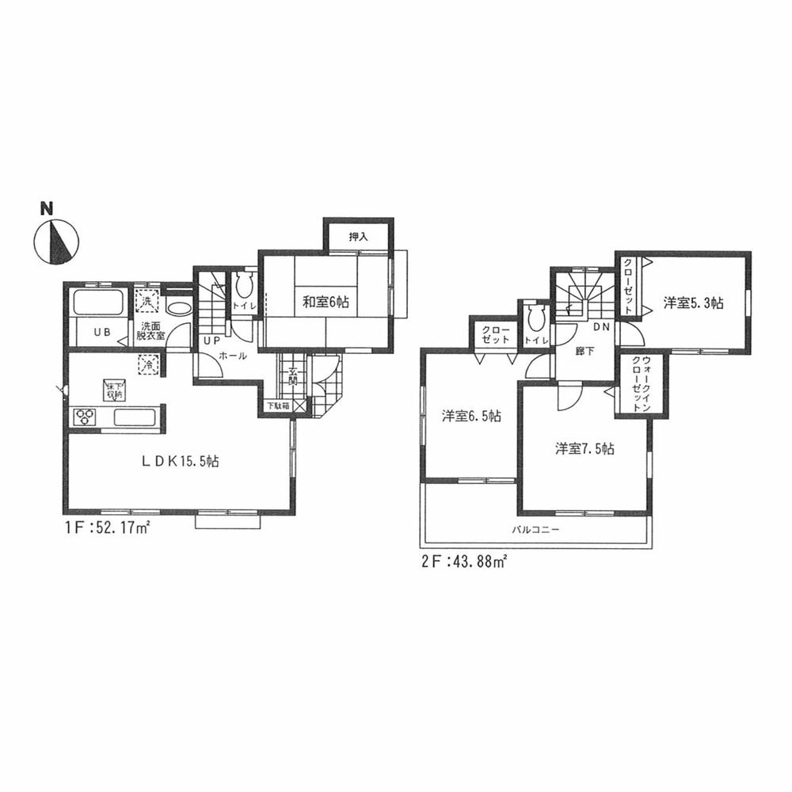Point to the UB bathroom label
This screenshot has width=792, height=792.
[x=103, y=333]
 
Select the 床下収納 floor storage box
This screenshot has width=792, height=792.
[x=113, y=390]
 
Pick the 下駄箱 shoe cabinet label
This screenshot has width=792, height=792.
[x=277, y=406]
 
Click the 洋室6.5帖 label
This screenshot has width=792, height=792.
[x=470, y=415]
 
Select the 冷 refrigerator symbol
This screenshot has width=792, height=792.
[x=147, y=365]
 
